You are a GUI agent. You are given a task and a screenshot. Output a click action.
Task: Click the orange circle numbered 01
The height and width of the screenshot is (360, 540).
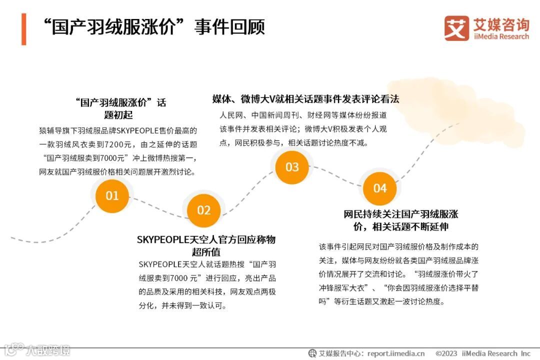pos(112,195)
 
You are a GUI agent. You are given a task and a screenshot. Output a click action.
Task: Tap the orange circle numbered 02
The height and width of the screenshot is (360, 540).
pos(203,210)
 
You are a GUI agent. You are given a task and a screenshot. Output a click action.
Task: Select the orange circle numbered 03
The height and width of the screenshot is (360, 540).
pos(292,167)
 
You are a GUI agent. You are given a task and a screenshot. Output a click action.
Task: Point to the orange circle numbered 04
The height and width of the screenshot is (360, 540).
pos(380,188)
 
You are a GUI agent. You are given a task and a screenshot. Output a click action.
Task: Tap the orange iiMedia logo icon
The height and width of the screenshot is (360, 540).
pos(456,28)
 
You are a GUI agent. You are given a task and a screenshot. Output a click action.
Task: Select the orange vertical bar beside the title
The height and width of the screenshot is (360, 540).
pos(23,29)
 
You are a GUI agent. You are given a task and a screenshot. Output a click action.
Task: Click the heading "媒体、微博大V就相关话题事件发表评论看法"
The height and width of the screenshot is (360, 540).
pos(305,99)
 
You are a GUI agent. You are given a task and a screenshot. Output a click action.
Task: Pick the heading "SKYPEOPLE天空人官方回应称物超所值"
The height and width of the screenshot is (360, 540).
pos(206,245)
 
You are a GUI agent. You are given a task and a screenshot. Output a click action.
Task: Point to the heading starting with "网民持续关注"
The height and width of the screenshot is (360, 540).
pos(401,220)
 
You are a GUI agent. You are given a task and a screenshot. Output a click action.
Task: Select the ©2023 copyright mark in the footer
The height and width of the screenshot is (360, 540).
pos(446,353)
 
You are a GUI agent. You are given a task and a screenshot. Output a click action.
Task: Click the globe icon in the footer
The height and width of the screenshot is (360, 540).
pos(312,353)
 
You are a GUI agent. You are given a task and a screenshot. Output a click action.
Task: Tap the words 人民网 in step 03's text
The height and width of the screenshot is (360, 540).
pos(231,115)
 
